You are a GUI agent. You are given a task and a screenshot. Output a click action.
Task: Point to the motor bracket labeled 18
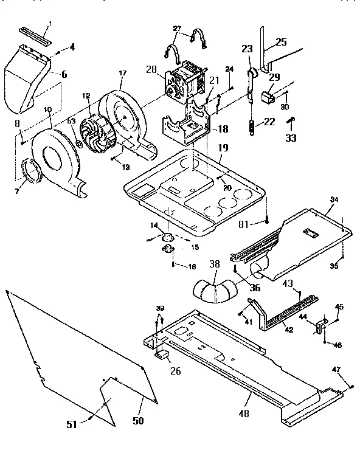click(x=182, y=125)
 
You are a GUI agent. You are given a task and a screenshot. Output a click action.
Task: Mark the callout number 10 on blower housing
click(x=47, y=109)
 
